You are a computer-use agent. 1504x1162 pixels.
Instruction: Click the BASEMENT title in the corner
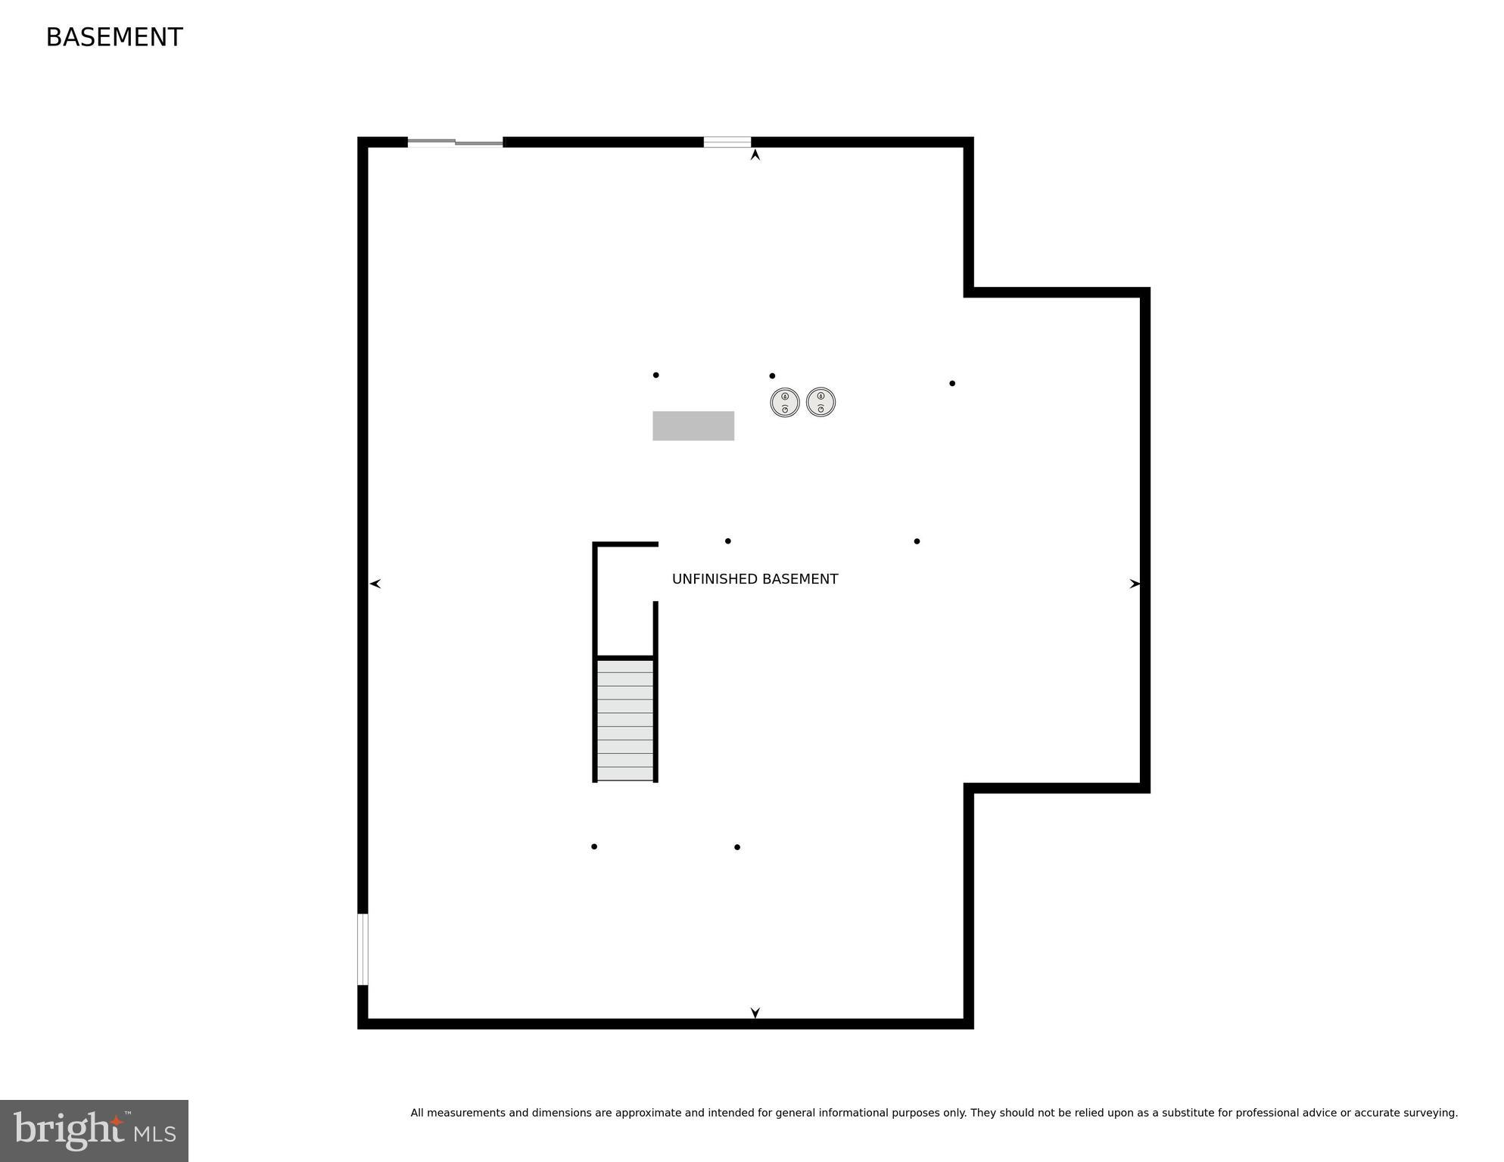pyautogui.click(x=114, y=37)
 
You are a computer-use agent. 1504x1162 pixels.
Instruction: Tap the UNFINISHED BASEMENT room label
pyautogui.click(x=755, y=579)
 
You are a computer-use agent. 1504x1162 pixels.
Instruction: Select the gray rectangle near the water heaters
pyautogui.click(x=693, y=425)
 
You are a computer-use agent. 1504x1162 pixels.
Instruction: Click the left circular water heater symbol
pyautogui.click(x=785, y=402)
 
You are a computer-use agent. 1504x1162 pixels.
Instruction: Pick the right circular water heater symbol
pyautogui.click(x=821, y=402)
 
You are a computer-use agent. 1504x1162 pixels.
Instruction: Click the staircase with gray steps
pyautogui.click(x=625, y=720)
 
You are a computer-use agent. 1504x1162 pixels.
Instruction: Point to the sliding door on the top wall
pyautogui.click(x=455, y=142)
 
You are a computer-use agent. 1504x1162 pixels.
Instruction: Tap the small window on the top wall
pyautogui.click(x=727, y=142)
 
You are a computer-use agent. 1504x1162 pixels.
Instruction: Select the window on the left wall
pyautogui.click(x=363, y=949)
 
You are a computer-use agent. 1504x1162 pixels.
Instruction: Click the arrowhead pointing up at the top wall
pyautogui.click(x=755, y=155)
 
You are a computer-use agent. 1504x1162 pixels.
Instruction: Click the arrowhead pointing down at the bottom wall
pyautogui.click(x=755, y=1012)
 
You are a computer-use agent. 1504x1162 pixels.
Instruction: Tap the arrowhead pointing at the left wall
pyautogui.click(x=375, y=584)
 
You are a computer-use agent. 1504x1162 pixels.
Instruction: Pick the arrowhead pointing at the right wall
pyautogui.click(x=1135, y=584)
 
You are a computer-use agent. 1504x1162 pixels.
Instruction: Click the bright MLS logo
pyautogui.click(x=95, y=1131)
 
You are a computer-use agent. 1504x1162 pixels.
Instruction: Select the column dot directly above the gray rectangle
pyautogui.click(x=655, y=375)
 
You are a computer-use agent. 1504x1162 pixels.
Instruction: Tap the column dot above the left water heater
pyautogui.click(x=772, y=375)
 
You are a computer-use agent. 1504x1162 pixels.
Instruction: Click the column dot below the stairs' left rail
pyautogui.click(x=594, y=846)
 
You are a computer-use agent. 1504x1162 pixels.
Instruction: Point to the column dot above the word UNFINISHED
pyautogui.click(x=728, y=541)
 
